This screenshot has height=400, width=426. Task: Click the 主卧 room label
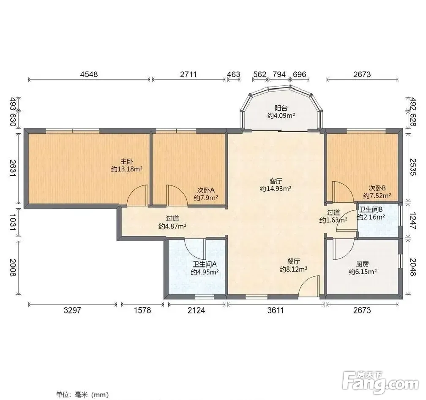[x=127, y=162]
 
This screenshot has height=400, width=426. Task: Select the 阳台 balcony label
[x=281, y=108]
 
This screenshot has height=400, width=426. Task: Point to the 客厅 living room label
[x=276, y=181]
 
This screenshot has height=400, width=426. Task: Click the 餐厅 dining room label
[x=293, y=261]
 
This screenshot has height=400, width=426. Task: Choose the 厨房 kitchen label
[x=363, y=264]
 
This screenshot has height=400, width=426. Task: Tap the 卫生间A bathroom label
[x=205, y=264]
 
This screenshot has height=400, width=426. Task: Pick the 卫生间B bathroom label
[x=371, y=210]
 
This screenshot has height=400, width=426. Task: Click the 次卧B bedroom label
[x=377, y=188]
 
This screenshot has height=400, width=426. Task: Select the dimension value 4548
[x=89, y=74]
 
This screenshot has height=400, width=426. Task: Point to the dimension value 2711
[x=188, y=74]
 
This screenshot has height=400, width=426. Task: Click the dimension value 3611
[x=276, y=310]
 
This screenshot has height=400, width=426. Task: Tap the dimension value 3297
[x=72, y=310]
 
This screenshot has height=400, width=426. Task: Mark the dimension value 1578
[x=142, y=310]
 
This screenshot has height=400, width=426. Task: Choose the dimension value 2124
[x=197, y=310]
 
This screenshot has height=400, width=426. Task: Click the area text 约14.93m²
[x=276, y=188]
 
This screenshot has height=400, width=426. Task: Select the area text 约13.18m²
[x=127, y=169]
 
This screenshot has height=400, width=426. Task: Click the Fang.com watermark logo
[x=380, y=383]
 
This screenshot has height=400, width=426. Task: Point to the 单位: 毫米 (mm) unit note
[x=82, y=394]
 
